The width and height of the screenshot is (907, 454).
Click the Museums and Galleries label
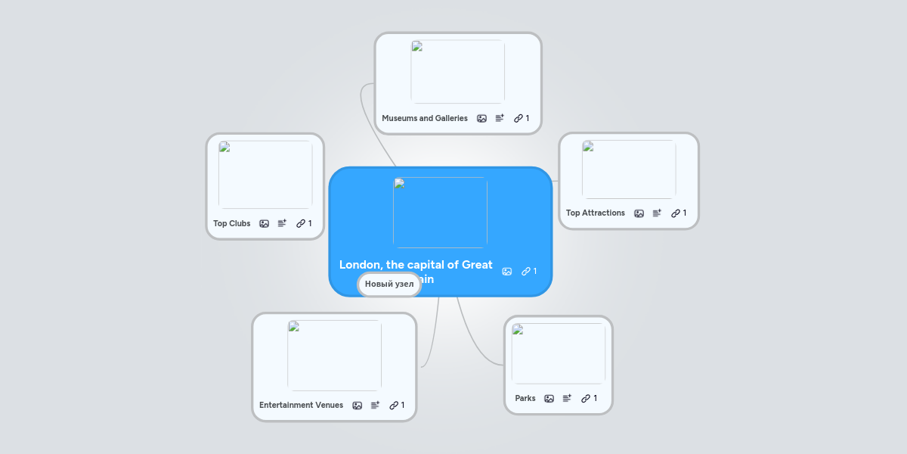click(x=424, y=118)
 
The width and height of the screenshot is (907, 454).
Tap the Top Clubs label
click(x=231, y=223)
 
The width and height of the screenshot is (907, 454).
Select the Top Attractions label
click(x=595, y=213)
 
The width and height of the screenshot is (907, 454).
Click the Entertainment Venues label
click(x=301, y=405)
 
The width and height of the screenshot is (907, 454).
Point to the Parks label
click(x=525, y=398)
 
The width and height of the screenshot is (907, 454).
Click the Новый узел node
click(x=389, y=284)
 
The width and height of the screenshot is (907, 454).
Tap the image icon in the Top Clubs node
click(x=264, y=223)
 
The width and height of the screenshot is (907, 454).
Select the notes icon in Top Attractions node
click(x=657, y=213)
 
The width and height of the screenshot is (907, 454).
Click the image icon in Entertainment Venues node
click(x=357, y=405)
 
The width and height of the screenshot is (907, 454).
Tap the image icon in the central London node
click(x=506, y=271)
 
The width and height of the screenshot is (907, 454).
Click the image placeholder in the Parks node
click(x=559, y=353)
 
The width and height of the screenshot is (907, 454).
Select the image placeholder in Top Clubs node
click(x=265, y=174)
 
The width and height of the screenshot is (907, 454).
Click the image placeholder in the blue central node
click(x=440, y=213)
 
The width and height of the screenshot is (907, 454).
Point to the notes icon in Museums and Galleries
click(x=500, y=118)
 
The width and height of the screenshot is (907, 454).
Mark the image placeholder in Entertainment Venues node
click(x=334, y=355)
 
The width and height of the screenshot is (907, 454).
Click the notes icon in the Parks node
click(x=567, y=398)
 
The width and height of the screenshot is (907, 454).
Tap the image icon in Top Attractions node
click(x=639, y=213)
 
